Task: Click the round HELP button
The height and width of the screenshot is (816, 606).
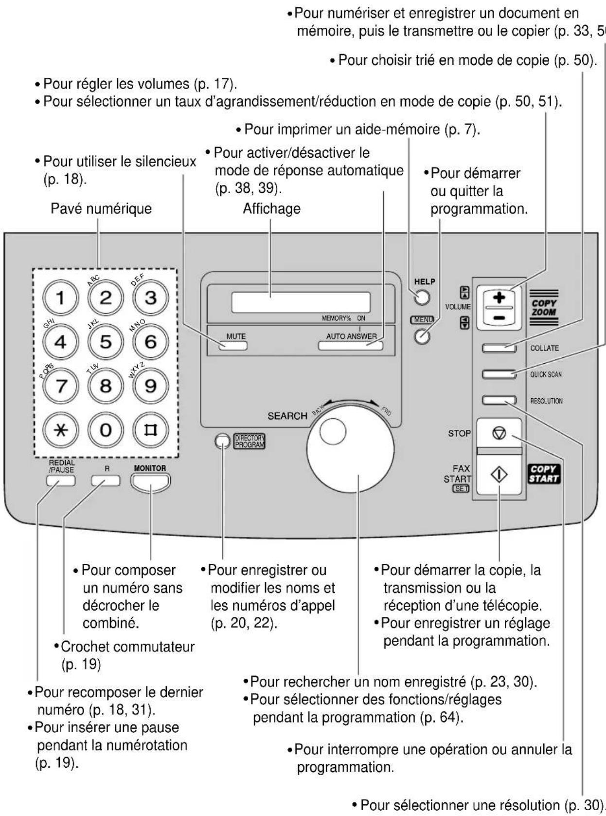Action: coord(422,297)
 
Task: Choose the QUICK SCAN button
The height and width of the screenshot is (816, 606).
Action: coord(499,374)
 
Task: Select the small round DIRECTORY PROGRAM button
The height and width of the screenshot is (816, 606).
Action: coord(222,441)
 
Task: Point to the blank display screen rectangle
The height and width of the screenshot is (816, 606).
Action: coord(301,302)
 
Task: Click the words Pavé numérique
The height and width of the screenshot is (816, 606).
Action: coord(102,209)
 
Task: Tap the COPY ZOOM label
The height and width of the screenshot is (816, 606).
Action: coord(544,307)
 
